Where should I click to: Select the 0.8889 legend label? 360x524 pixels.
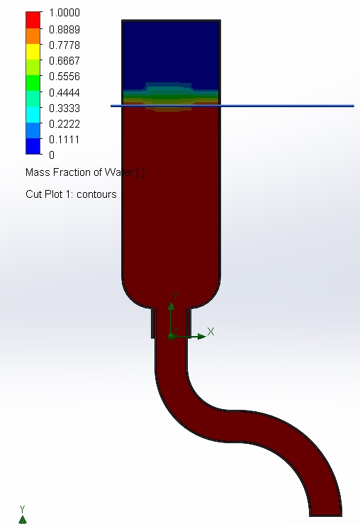pyautogui.click(x=64, y=29)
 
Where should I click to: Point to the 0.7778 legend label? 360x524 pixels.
pyautogui.click(x=64, y=45)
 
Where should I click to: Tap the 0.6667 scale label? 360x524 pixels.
pyautogui.click(x=64, y=60)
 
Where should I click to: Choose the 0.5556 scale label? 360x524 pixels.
pyautogui.click(x=64, y=76)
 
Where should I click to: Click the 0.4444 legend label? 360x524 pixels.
pyautogui.click(x=64, y=92)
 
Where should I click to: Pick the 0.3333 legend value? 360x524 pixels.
pyautogui.click(x=64, y=108)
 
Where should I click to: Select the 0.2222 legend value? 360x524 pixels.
pyautogui.click(x=64, y=123)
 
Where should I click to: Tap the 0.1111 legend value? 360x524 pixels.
pyautogui.click(x=64, y=139)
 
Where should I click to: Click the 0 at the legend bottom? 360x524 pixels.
pyautogui.click(x=51, y=155)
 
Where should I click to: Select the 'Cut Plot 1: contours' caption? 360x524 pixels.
pyautogui.click(x=71, y=194)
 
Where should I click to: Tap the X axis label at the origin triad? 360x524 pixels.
pyautogui.click(x=210, y=331)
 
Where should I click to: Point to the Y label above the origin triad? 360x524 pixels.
pyautogui.click(x=174, y=296)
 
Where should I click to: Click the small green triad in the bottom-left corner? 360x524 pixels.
pyautogui.click(x=22, y=516)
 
